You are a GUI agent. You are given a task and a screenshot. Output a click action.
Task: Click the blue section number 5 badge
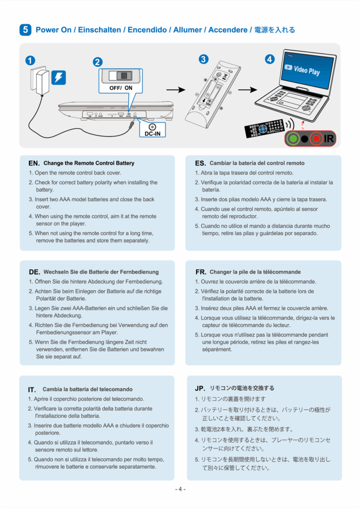point(25,30)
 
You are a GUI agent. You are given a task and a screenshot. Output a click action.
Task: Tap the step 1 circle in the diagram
point(30,61)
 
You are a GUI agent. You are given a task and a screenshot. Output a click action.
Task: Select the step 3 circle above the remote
point(204,60)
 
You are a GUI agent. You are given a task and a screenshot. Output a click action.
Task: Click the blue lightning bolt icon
point(59,77)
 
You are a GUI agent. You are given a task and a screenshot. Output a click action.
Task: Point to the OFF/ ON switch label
point(121,88)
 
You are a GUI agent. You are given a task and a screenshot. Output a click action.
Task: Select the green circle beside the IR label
point(293,139)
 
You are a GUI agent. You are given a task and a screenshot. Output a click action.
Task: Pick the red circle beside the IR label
point(316,139)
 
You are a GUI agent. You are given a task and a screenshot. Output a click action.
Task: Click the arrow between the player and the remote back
point(176,90)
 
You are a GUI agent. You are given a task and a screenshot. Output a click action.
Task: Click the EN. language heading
point(34,163)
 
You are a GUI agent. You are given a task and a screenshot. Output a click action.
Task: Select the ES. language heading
point(200,163)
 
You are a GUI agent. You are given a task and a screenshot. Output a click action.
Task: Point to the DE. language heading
point(34,272)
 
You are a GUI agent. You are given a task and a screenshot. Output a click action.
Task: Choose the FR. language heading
point(201,272)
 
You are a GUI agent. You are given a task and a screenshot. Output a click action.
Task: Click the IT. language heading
point(32,389)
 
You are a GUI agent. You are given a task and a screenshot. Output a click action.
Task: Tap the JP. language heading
point(200,388)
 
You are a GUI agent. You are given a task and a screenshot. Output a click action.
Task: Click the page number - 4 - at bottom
point(180,489)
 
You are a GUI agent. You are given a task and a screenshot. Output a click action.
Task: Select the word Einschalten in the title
point(100,30)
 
